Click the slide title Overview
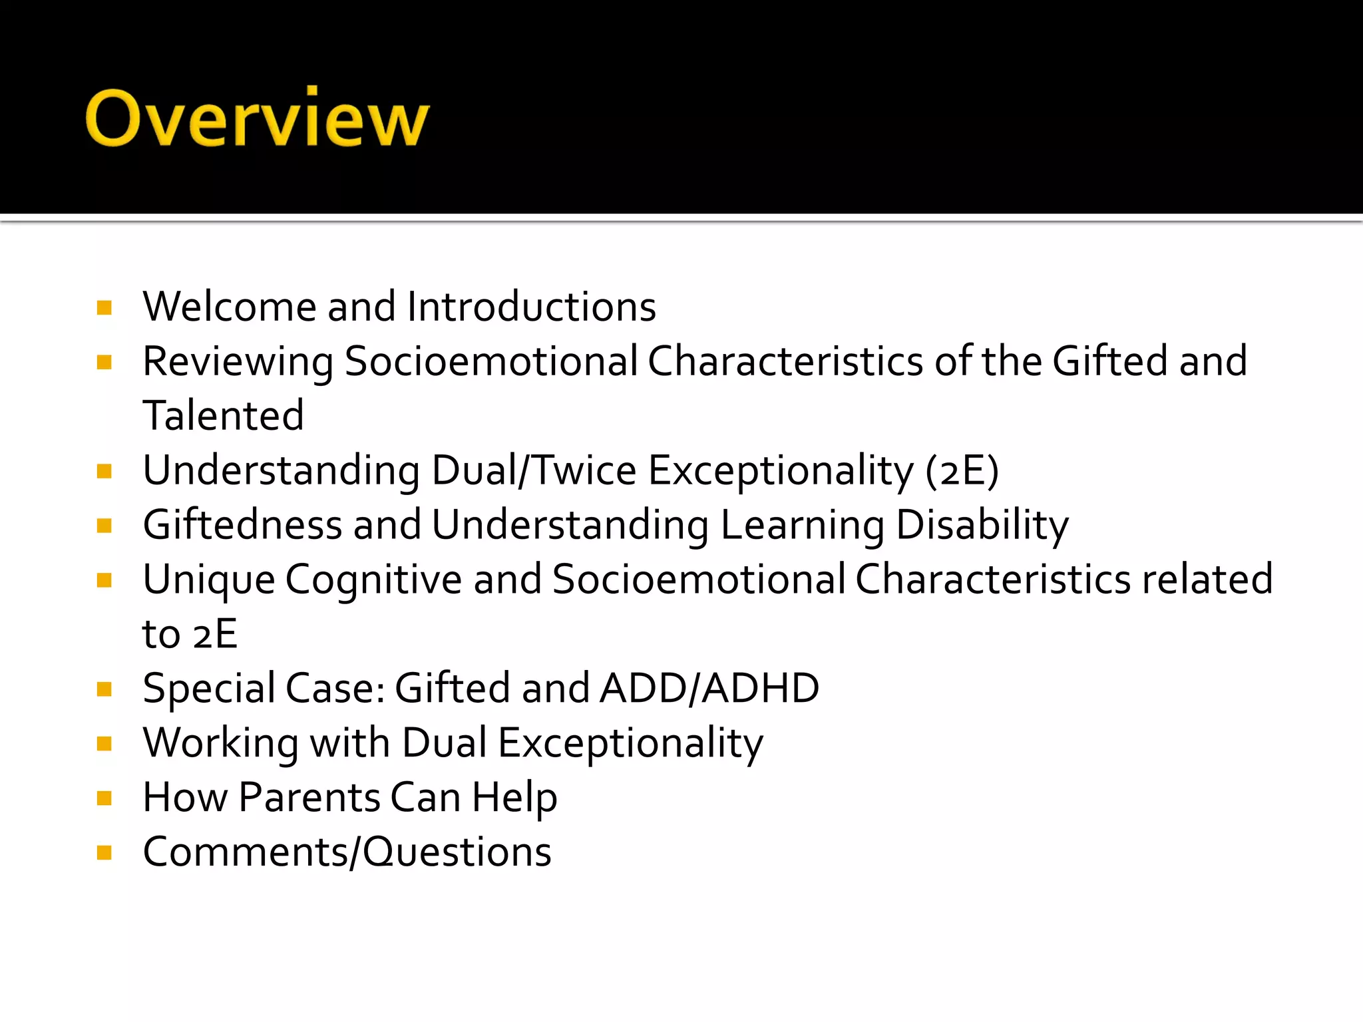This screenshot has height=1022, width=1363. [x=258, y=118]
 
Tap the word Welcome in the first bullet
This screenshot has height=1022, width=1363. [x=229, y=307]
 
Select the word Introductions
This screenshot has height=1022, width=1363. [x=531, y=307]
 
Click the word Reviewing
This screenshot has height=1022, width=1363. [x=238, y=362]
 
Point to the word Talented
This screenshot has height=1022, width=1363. [x=223, y=416]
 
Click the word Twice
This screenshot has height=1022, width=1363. [x=586, y=470]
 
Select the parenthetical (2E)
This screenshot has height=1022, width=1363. [x=962, y=470]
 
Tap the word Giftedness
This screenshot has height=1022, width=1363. [x=242, y=525]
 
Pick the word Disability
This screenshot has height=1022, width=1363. [x=982, y=525]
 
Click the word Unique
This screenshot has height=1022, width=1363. [x=209, y=580]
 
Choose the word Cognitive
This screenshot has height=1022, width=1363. [x=373, y=580]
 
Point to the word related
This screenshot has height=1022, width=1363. [x=1207, y=580]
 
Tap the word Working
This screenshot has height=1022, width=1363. [x=221, y=743]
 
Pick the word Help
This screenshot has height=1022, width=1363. [x=514, y=798]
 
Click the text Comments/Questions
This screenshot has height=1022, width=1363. [x=347, y=852]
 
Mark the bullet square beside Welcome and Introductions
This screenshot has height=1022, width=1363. [x=104, y=307]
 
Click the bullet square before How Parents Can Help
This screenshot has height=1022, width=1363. [x=104, y=798]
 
